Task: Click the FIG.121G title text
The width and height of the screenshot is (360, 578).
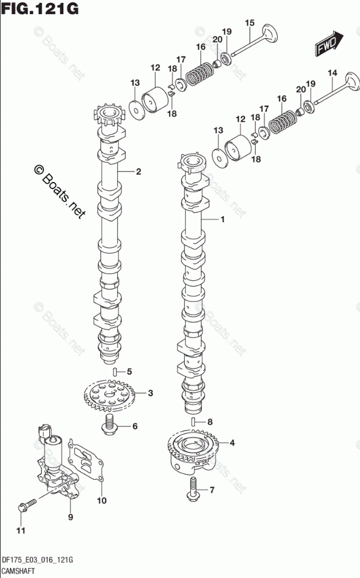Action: point(40,8)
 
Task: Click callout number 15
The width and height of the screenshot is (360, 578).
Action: point(250,23)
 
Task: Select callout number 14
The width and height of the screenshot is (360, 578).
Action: point(332,73)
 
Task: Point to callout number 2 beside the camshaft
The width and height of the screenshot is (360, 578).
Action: point(138,171)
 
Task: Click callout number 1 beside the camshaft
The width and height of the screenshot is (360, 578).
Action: point(222,219)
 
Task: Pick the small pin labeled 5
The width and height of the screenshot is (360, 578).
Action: point(115,371)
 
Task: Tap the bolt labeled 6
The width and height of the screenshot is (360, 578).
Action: point(109,425)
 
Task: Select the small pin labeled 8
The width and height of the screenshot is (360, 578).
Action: point(193,422)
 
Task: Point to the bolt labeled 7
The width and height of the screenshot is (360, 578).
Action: point(193,489)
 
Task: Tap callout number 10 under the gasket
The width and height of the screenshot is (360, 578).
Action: point(101,500)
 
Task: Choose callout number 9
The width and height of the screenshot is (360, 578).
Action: point(70,517)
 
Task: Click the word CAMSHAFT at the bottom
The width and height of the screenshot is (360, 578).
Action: point(19,571)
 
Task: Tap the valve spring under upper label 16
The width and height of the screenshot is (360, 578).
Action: point(200,73)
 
